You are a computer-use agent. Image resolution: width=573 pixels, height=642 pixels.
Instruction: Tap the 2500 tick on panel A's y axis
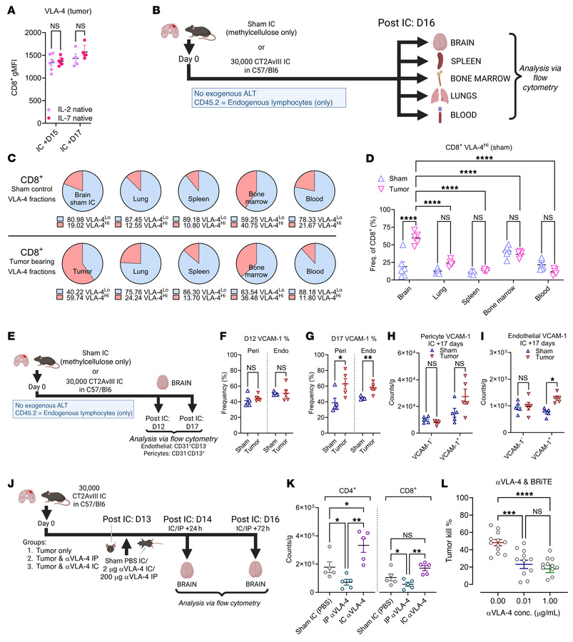point(35,31)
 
